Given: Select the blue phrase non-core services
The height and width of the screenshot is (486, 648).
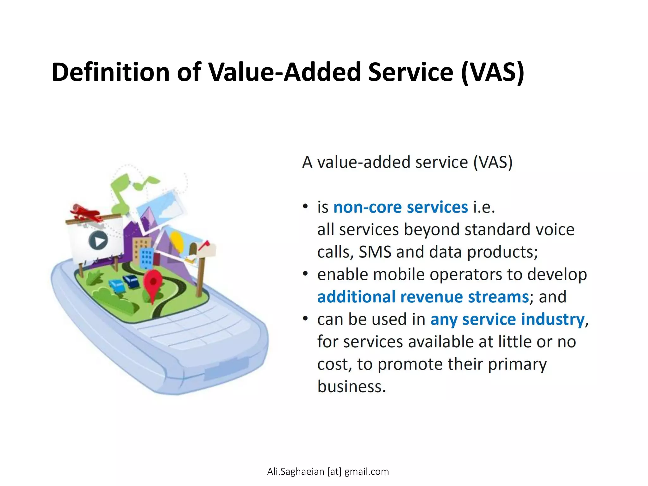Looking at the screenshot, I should [x=401, y=208].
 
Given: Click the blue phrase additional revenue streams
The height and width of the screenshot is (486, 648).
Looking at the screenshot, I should [x=423, y=297].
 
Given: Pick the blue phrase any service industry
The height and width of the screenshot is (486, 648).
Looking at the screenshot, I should [x=507, y=320].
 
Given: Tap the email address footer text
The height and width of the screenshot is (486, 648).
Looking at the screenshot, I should [x=328, y=471].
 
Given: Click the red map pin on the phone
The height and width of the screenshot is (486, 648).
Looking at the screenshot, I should [x=153, y=283].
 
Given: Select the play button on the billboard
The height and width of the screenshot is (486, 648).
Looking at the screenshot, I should [x=98, y=241].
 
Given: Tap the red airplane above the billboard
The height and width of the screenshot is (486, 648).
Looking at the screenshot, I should [x=85, y=212].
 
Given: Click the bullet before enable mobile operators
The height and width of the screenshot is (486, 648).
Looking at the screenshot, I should [x=305, y=274].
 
